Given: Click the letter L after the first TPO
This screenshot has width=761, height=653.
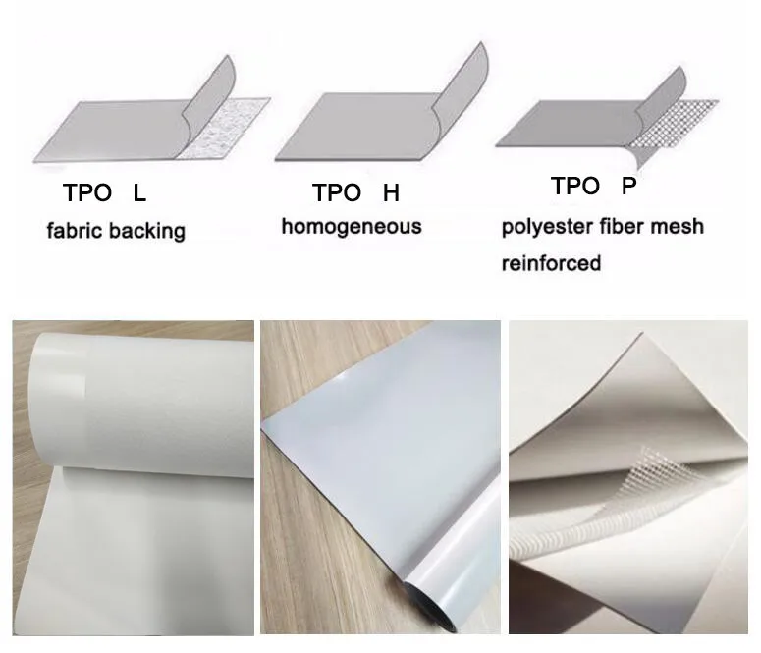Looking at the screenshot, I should [x=139, y=193].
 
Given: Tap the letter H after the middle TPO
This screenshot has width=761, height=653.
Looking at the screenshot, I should [x=391, y=192].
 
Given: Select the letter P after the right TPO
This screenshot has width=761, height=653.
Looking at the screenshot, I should [x=629, y=186].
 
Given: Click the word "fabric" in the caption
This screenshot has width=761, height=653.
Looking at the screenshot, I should [x=72, y=232].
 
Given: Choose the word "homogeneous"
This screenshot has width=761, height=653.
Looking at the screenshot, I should [x=352, y=227].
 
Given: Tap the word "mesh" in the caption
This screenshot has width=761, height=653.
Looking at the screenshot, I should [x=677, y=227].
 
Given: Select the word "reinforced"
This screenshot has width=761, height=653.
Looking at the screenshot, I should [x=551, y=263].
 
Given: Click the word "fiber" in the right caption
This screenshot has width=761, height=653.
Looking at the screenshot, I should [x=617, y=227].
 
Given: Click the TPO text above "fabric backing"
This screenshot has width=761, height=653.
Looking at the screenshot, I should [x=84, y=193].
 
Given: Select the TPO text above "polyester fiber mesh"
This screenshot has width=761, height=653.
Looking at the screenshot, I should [x=575, y=186].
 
